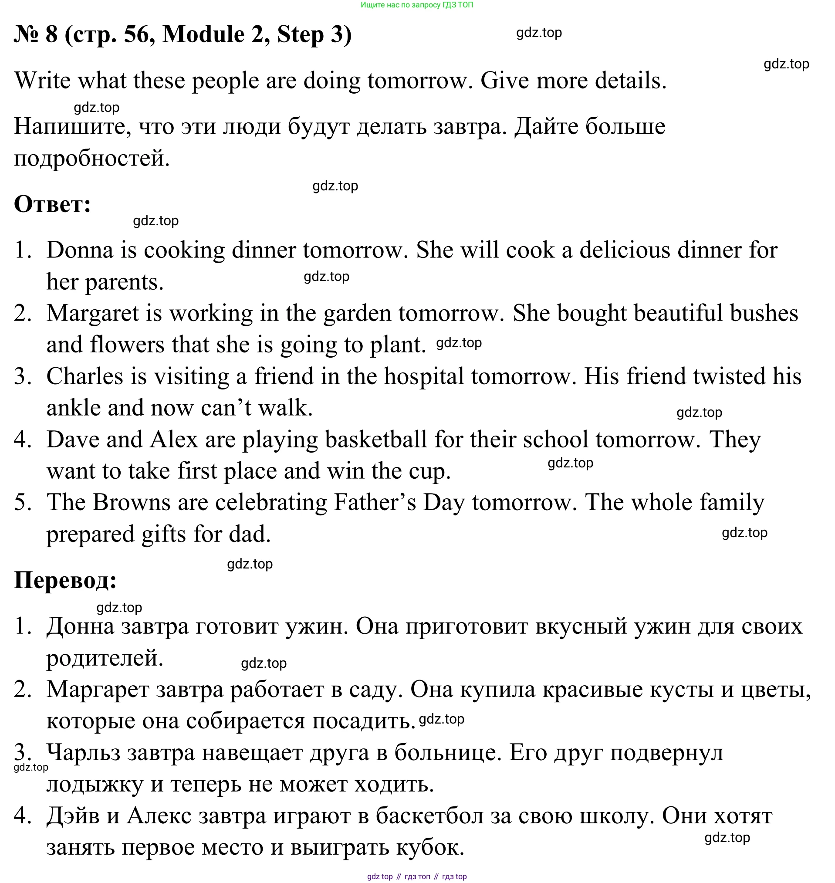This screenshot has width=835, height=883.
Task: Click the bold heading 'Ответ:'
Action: (53, 205)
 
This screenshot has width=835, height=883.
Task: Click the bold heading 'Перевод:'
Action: (65, 580)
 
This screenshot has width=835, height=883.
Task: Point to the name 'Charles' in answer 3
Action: (85, 376)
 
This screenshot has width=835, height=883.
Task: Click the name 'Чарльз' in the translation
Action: (83, 753)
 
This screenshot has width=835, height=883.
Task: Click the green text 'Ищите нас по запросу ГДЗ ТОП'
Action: (416, 5)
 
